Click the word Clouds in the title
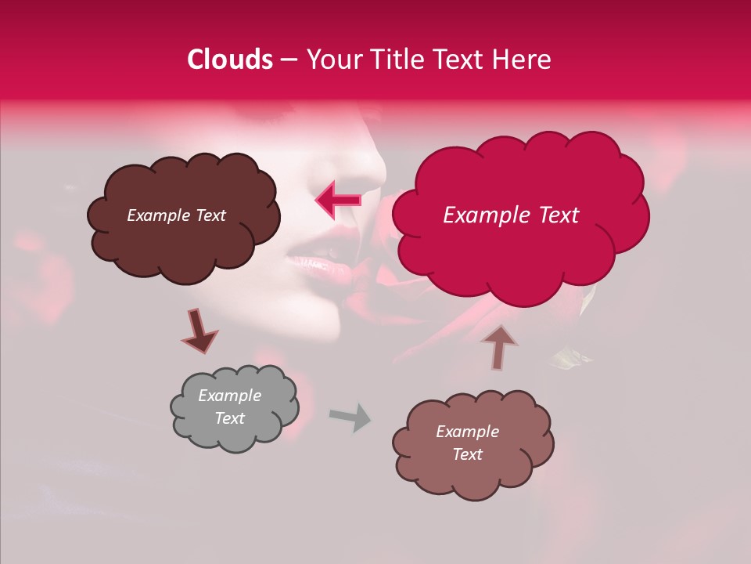[x=230, y=60]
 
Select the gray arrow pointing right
[x=350, y=417]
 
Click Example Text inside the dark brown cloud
[x=176, y=215]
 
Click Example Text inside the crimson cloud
[x=511, y=215]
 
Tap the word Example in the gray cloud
[x=229, y=396]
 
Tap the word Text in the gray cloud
[x=230, y=418]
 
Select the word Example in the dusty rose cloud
[x=467, y=432]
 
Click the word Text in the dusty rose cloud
[x=467, y=454]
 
